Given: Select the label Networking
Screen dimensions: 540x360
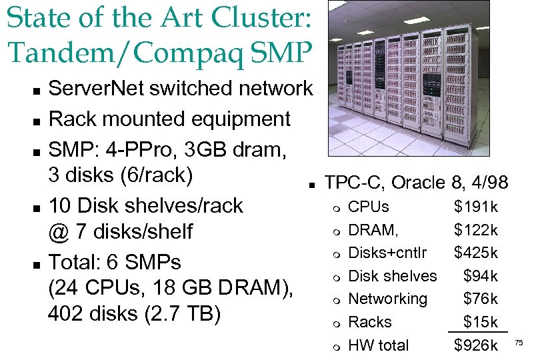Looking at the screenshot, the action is pos(388,299).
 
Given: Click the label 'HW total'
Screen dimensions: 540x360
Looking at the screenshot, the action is pos(379,345).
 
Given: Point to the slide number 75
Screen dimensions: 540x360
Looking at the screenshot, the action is pos(520,344).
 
